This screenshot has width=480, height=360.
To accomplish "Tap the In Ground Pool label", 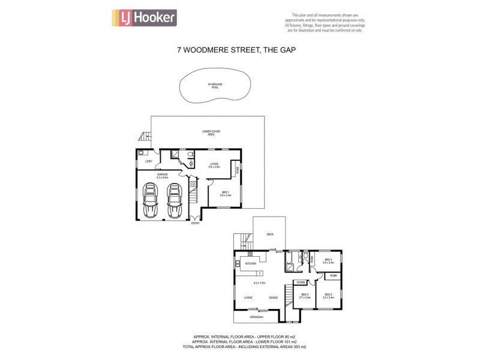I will pyautogui.click(x=214, y=86).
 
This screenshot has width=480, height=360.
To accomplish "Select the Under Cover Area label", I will pyautogui.click(x=207, y=134).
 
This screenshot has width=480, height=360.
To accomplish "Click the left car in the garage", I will pyautogui.click(x=152, y=199).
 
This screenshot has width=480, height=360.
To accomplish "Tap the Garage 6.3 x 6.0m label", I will pyautogui.click(x=163, y=176).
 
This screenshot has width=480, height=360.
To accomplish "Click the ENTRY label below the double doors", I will pyautogui.click(x=195, y=223).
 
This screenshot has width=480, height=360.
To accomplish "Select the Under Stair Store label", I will pyautogui.click(x=193, y=184).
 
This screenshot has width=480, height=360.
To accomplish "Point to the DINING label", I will pyautogui.click(x=274, y=298).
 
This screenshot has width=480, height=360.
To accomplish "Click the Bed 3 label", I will pyautogui.click(x=328, y=261).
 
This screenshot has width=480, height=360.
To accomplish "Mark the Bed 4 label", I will pyautogui.click(x=305, y=295).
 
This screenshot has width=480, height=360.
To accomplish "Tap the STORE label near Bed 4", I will pyautogui.click(x=301, y=282).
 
